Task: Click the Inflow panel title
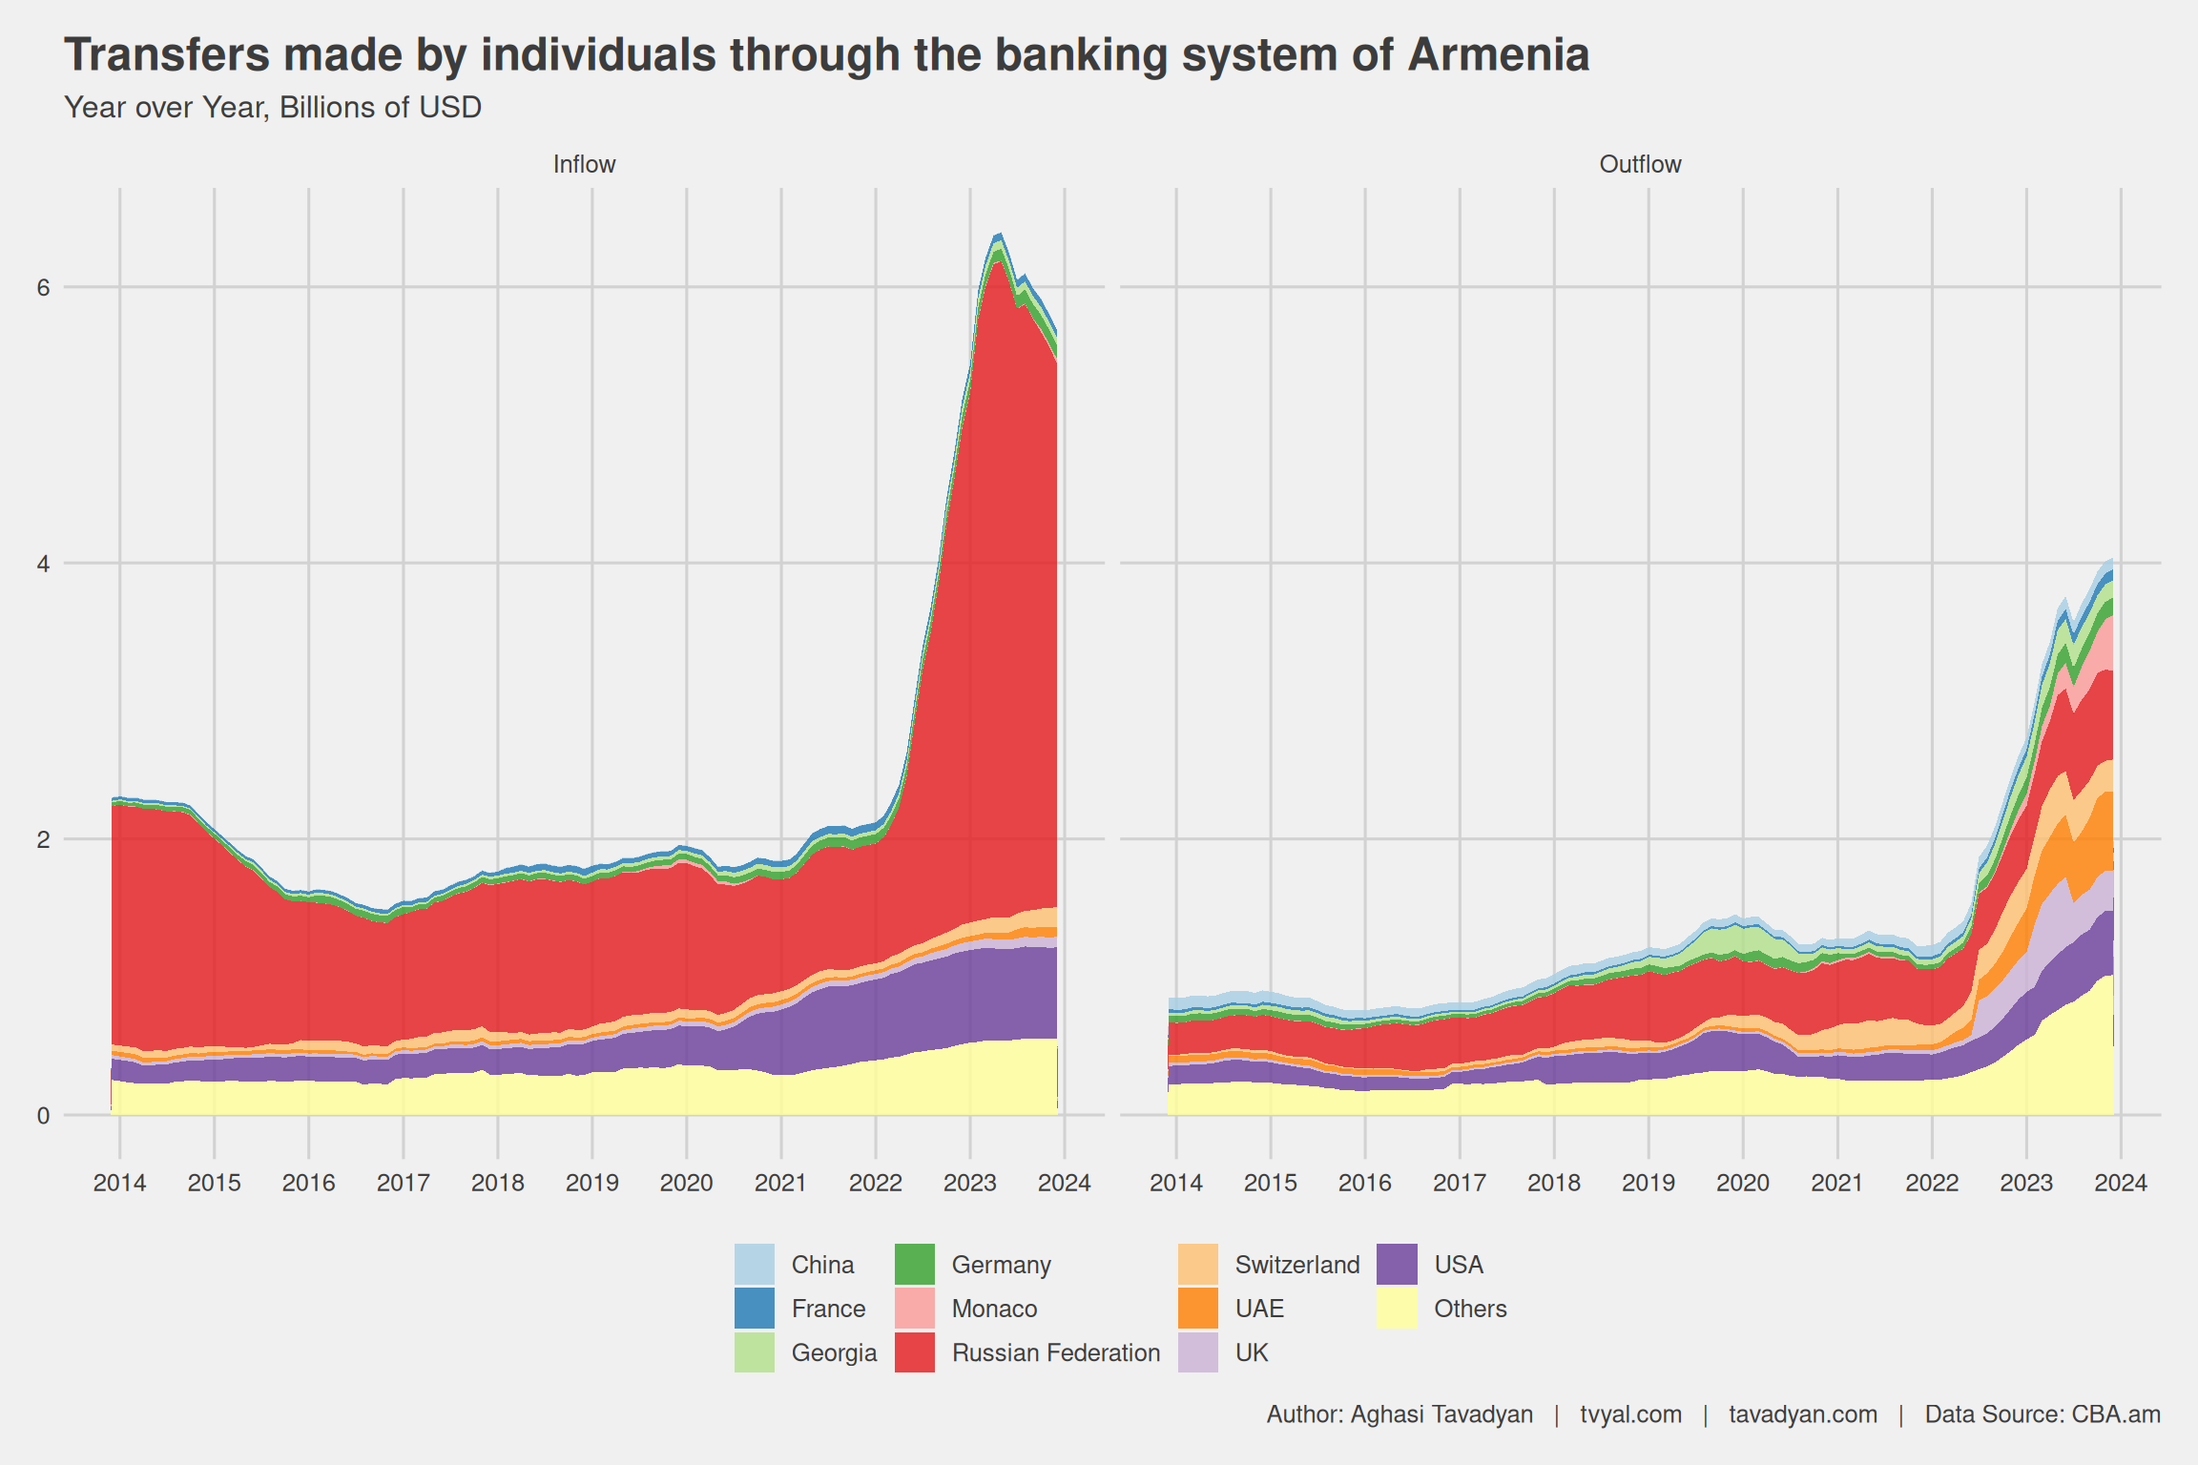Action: [x=584, y=164]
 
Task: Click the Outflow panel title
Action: [x=1640, y=164]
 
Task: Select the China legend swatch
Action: [x=754, y=1265]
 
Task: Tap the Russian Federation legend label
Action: [x=1055, y=1352]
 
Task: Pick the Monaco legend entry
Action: [x=993, y=1309]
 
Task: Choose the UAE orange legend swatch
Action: [x=1197, y=1309]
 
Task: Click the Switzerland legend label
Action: [x=1296, y=1265]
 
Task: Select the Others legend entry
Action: [x=1469, y=1309]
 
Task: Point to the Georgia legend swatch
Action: [x=754, y=1352]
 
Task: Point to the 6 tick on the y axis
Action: [x=43, y=287]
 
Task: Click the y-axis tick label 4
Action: [x=43, y=564]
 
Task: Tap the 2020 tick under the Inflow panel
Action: [x=686, y=1183]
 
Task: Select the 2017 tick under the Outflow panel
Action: [x=1459, y=1183]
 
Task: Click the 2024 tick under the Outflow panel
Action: [x=2120, y=1183]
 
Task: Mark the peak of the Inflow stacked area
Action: [x=998, y=234]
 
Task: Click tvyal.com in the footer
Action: [x=1630, y=1414]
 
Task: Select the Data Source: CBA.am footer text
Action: [x=2042, y=1414]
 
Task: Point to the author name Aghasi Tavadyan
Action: [x=1441, y=1414]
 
